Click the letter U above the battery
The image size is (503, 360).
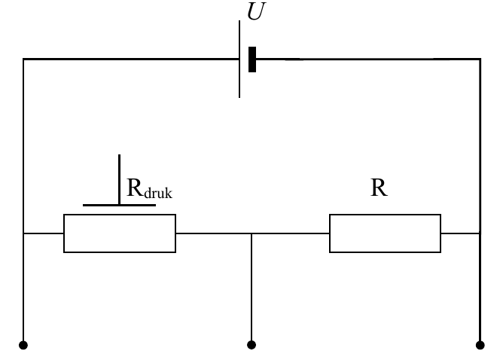coord(256,11)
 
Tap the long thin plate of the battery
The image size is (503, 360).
coord(239,59)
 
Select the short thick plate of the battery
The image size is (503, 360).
coord(252,59)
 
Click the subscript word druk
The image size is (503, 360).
coord(158,194)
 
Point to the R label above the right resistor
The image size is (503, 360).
coord(379,188)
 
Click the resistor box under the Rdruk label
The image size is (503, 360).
coord(120,233)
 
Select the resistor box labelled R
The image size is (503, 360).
coord(385,233)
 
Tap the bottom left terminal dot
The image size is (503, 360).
coord(23,345)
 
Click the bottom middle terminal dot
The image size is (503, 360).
coord(251,345)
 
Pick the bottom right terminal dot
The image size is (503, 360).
coord(480,345)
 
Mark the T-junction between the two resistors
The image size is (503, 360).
coord(251,233)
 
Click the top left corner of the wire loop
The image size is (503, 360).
coord(23,59)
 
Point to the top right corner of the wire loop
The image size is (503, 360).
coord(480,59)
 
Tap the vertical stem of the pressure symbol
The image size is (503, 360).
coord(119,179)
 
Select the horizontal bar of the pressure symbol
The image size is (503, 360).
coord(119,205)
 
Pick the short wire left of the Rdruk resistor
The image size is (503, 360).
coord(44,233)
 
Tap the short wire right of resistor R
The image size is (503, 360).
coord(460,233)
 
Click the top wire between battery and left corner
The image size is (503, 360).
coord(131,59)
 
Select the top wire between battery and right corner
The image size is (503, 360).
coord(368,59)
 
